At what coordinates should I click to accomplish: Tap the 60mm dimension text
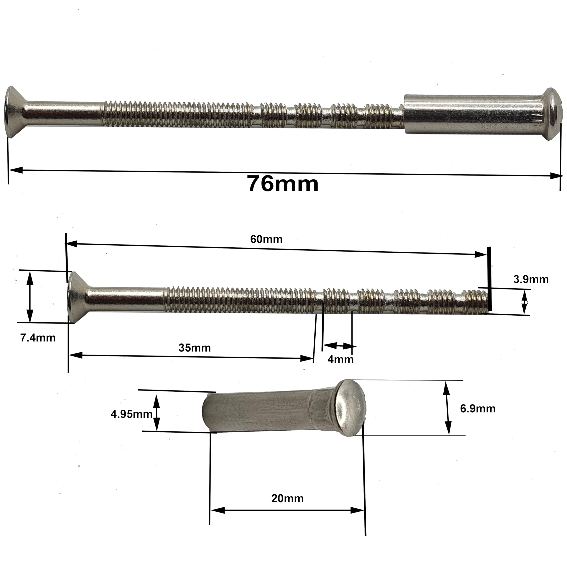[266, 239]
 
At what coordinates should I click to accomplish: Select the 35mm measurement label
[195, 348]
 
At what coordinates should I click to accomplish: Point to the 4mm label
[340, 359]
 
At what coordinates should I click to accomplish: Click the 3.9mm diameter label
[531, 279]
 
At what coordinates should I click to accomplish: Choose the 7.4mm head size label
[38, 338]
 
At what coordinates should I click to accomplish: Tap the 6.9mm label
[478, 408]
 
